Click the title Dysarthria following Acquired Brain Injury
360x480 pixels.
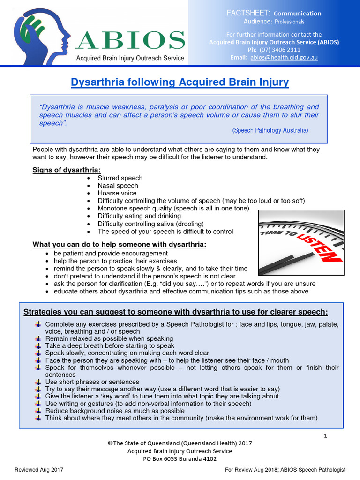pos(180,83)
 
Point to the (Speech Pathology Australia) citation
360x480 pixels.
pos(270,130)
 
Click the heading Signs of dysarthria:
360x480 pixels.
pos(66,169)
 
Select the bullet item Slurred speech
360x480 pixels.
pos(120,178)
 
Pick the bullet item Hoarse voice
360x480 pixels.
pos(117,193)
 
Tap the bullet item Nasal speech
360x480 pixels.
pos(118,186)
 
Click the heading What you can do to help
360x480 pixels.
pos(119,244)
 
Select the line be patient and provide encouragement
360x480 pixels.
pos(111,253)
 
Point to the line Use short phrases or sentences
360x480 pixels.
pos(92,382)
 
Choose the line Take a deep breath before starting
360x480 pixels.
pos(110,345)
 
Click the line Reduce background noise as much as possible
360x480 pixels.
pos(115,411)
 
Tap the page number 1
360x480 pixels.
pos(325,436)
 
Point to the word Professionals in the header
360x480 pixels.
pos(289,22)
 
